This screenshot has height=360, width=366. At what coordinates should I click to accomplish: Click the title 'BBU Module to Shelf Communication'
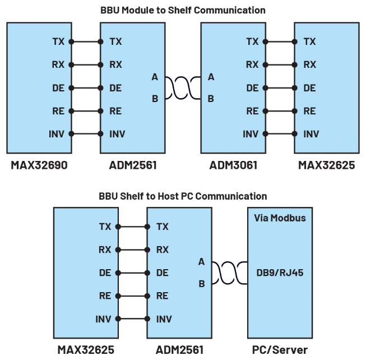tap(183, 10)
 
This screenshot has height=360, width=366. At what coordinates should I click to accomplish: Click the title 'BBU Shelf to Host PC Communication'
tap(183, 196)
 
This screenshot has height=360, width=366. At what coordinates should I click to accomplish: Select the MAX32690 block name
tap(39, 165)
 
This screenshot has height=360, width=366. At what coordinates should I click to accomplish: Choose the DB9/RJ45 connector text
tap(279, 273)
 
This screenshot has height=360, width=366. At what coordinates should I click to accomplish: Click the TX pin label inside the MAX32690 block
tap(58, 41)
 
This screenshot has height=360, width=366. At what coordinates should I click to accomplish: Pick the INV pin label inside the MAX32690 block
tap(55, 134)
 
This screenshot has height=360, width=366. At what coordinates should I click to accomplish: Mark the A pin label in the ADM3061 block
tap(211, 77)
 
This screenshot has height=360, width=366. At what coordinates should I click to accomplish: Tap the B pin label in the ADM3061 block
tap(211, 99)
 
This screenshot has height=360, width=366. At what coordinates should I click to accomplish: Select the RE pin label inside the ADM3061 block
tap(252, 111)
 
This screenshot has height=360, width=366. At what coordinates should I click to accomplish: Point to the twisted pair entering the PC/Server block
tap(229, 273)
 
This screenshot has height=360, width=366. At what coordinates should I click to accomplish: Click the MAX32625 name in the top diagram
tap(326, 165)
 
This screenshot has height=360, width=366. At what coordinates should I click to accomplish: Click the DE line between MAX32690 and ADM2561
tap(86, 88)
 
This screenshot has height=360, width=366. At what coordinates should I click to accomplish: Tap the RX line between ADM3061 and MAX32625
tap(279, 64)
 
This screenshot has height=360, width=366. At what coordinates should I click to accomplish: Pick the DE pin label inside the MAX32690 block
tap(58, 88)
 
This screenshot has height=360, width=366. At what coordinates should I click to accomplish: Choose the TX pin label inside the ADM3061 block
tap(252, 41)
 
